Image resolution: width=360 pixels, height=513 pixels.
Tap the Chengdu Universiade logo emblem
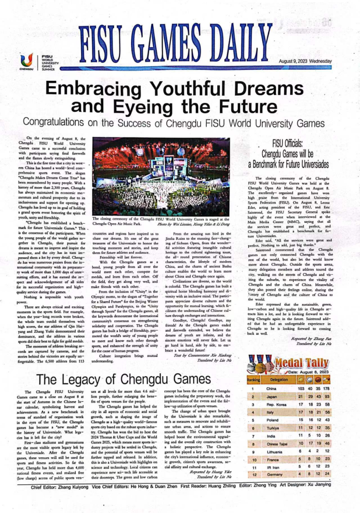click(26, 60)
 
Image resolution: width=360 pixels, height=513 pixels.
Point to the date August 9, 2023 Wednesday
click(305, 61)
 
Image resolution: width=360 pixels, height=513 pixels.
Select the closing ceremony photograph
click(161, 177)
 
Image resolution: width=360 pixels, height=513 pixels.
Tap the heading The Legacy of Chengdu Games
click(123, 379)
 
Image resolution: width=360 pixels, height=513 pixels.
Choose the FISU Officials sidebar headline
click(288, 154)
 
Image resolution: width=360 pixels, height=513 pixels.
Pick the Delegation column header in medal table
click(279, 380)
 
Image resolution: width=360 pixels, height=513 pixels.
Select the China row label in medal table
click(271, 389)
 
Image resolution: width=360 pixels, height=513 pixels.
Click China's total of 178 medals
click(326, 389)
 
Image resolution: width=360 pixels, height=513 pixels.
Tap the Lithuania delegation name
click(274, 452)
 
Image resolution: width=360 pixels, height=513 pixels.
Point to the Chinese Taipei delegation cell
click(277, 444)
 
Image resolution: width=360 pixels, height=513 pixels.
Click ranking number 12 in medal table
click(254, 474)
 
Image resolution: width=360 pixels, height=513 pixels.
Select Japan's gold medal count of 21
click(301, 397)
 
